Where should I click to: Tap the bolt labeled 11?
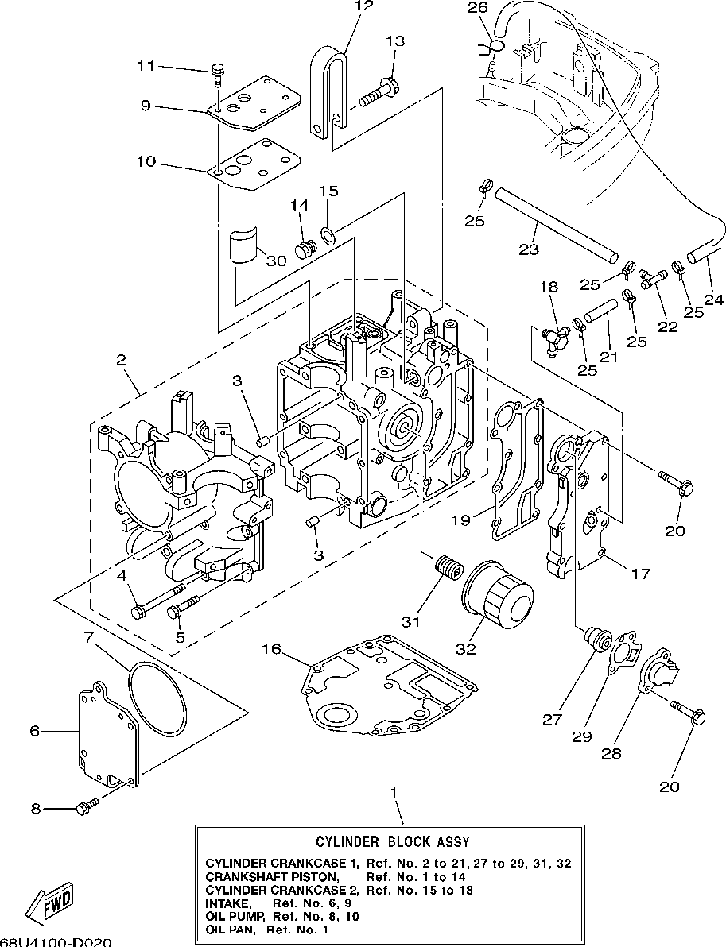click(218, 74)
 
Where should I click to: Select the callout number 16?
click(273, 650)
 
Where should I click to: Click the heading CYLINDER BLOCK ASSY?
click(392, 841)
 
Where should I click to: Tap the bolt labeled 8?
click(84, 807)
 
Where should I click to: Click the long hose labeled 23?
click(556, 223)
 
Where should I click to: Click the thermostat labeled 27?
click(593, 639)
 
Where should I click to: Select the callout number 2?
click(122, 360)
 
